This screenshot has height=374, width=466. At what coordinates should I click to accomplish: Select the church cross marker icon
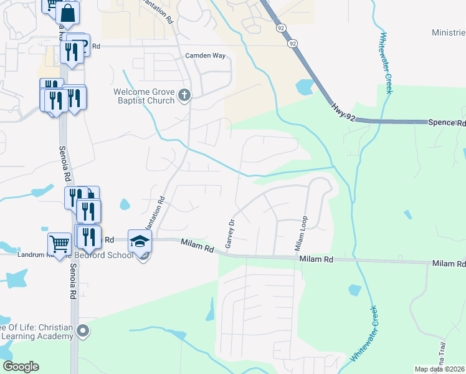(x=183, y=95)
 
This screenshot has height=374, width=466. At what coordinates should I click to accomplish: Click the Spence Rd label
(x=447, y=123)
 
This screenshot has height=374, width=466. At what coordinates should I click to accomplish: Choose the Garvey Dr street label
(x=229, y=233)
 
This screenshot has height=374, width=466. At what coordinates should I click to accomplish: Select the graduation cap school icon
(x=140, y=241)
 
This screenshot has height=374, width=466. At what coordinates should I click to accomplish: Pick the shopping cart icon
(x=59, y=244)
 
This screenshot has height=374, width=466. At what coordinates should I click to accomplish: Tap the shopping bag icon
(x=68, y=13)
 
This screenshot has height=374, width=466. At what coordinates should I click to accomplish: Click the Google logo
(x=21, y=367)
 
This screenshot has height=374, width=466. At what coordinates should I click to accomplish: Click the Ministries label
(x=449, y=32)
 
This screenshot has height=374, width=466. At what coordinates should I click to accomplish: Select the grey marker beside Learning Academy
(x=83, y=331)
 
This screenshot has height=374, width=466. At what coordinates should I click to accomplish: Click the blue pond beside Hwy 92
(x=306, y=87)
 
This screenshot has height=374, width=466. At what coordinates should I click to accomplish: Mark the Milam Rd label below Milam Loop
(x=316, y=259)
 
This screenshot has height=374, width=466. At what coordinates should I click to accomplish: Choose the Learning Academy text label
(x=37, y=337)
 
